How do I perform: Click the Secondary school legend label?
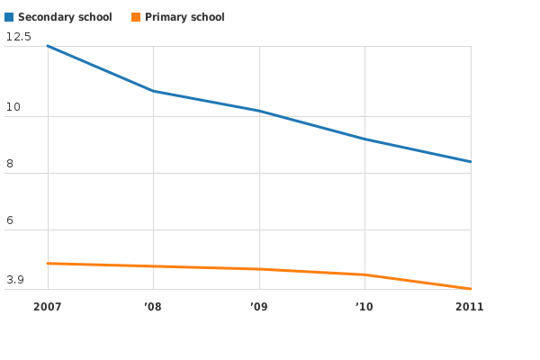coord(65,17)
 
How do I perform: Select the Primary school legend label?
coord(184,17)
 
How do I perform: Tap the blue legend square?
coord(9,17)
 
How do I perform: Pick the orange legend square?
coord(136,17)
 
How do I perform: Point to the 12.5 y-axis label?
coord(18,37)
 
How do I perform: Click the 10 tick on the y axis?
coord(13,108)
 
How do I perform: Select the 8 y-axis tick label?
coord(10,164)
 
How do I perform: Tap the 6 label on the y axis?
coord(10,220)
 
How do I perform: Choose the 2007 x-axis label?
coord(47,307)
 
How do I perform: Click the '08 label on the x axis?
coord(153,307)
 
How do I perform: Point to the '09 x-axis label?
coord(259,307)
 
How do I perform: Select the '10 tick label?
coord(364,307)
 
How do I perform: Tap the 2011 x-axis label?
coord(470,307)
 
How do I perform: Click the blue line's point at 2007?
coord(47,46)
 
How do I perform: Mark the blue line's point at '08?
coord(153,91)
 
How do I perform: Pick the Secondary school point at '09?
coord(259,111)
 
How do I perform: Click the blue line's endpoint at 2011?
coord(471,162)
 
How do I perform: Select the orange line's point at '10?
coord(364,274)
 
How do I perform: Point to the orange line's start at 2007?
coord(47,264)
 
